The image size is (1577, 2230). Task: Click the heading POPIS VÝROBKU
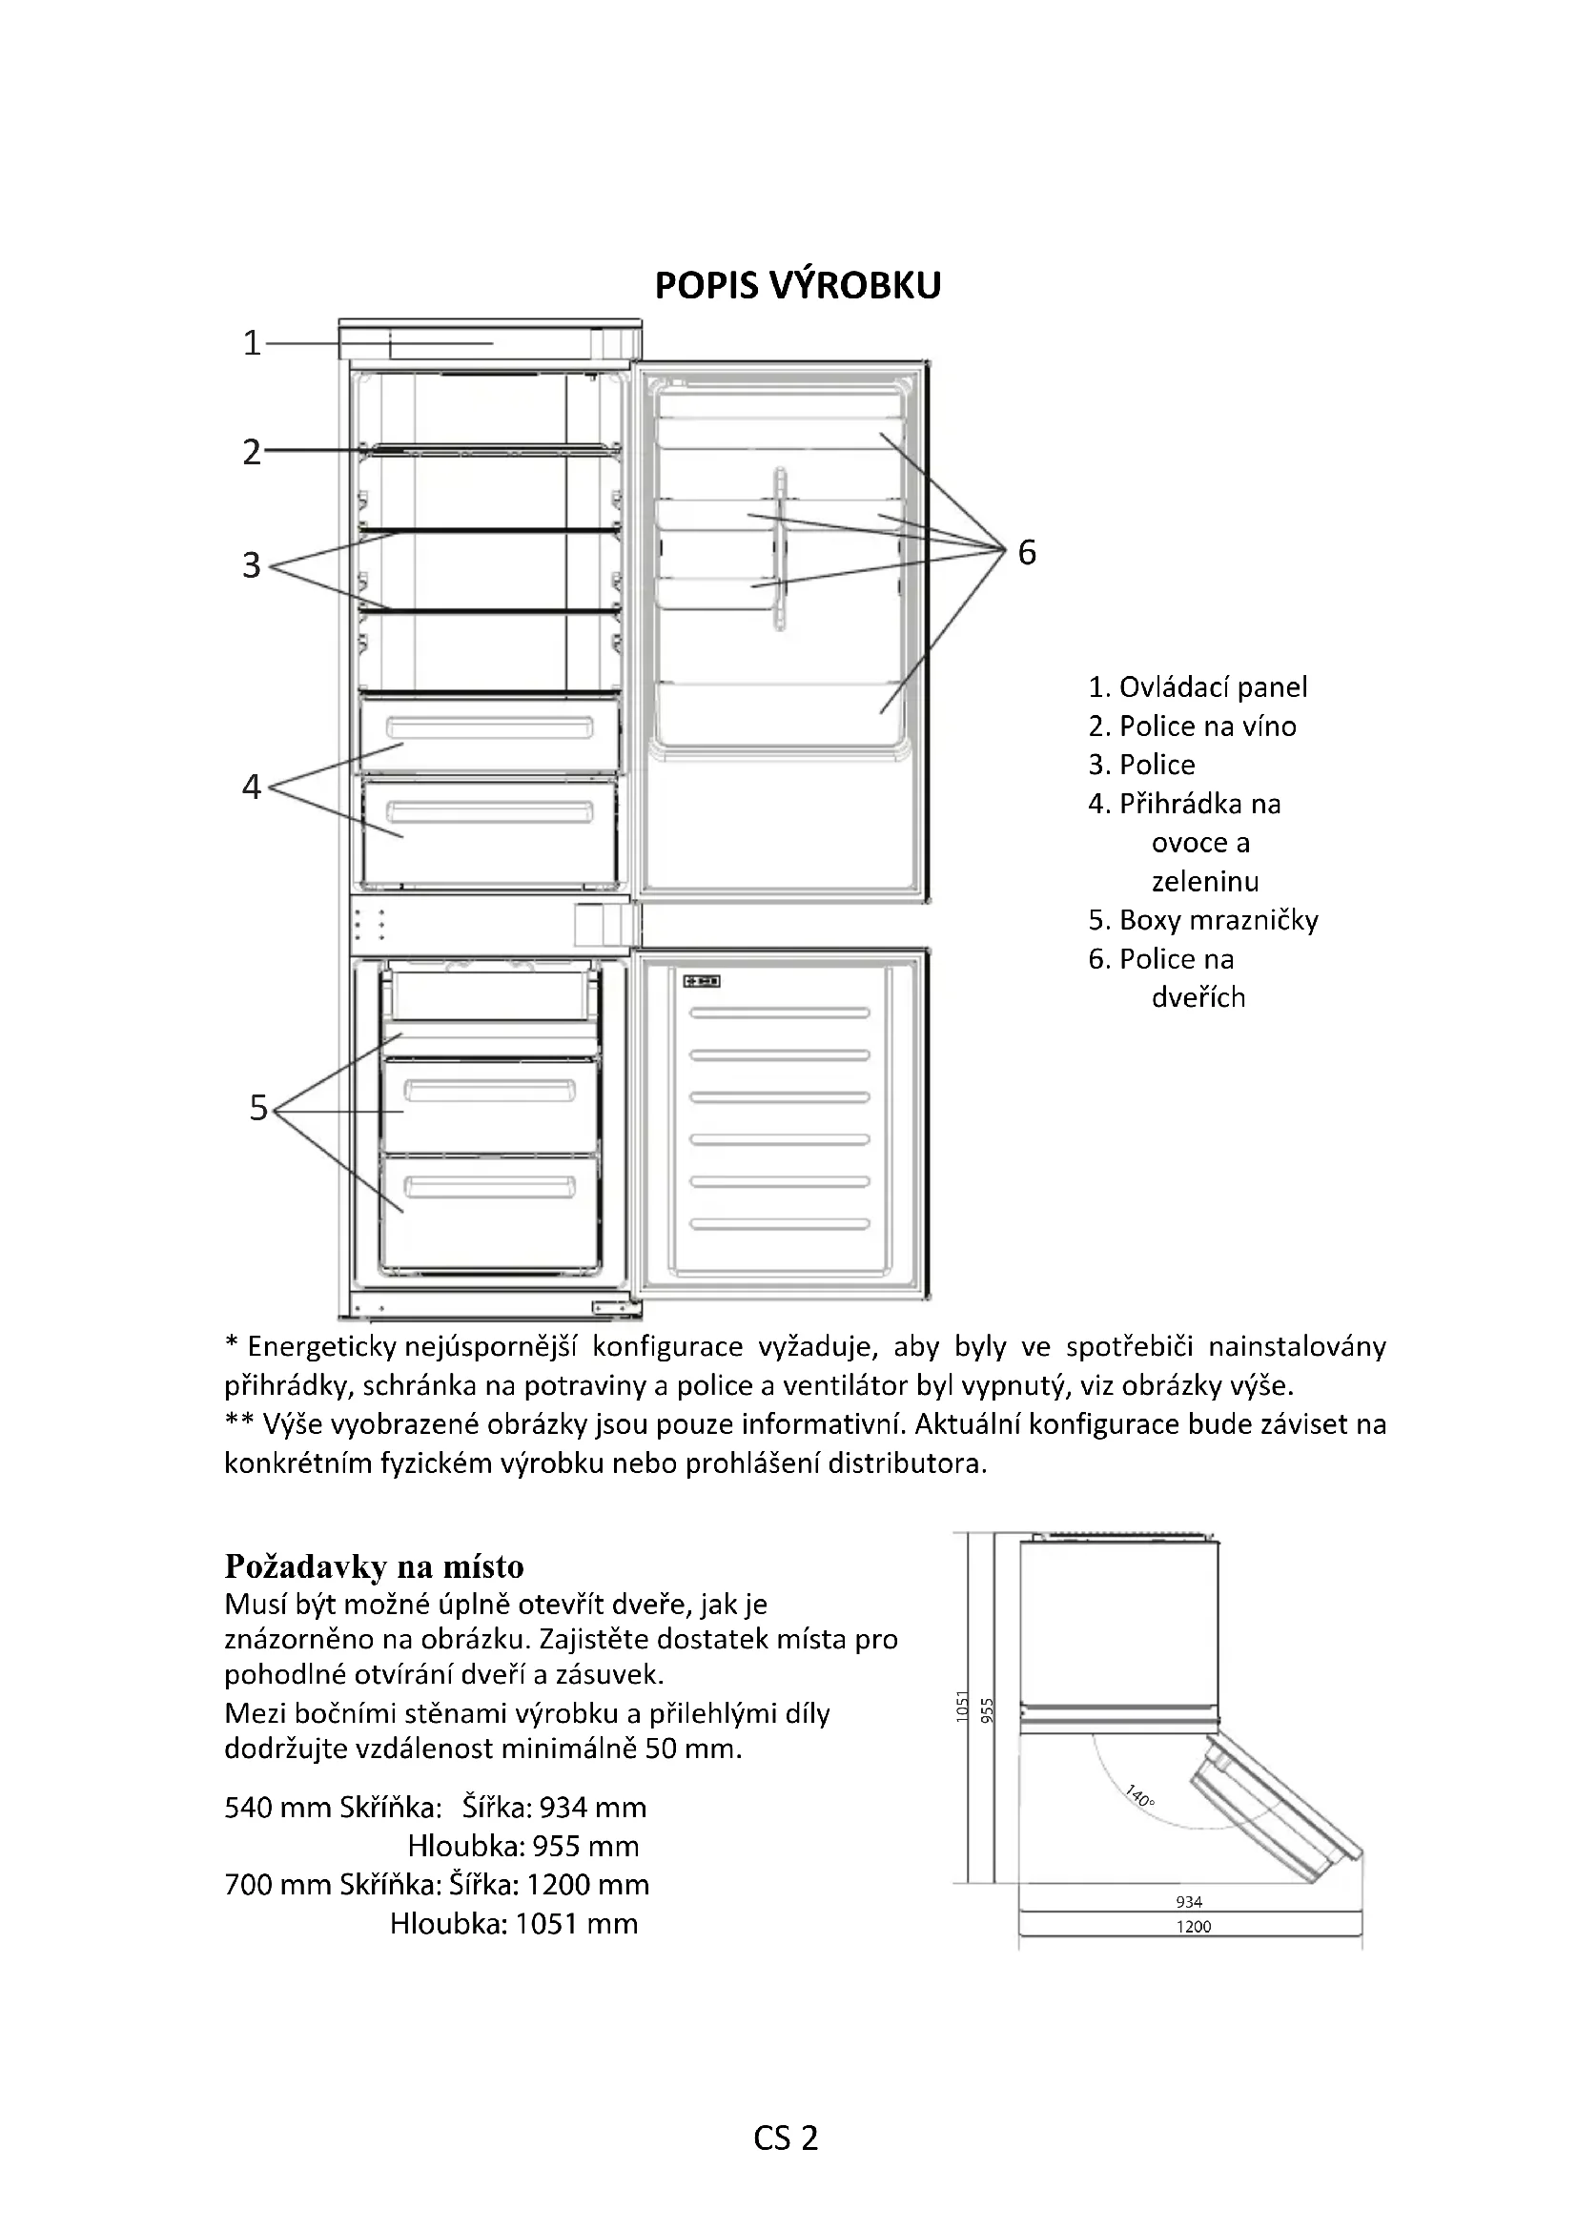pyautogui.click(x=797, y=286)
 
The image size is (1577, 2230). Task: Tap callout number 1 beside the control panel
pyautogui.click(x=252, y=343)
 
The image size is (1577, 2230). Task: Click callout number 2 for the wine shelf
pyautogui.click(x=252, y=452)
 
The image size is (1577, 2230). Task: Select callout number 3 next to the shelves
pyautogui.click(x=252, y=564)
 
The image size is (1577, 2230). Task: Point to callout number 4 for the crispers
pyautogui.click(x=252, y=786)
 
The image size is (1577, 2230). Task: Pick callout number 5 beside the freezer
pyautogui.click(x=257, y=1107)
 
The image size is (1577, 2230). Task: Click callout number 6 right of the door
pyautogui.click(x=1027, y=553)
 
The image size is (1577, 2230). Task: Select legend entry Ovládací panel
pyautogui.click(x=1198, y=687)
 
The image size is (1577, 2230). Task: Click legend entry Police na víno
pyautogui.click(x=1192, y=726)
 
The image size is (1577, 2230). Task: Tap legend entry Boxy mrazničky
pyautogui.click(x=1203, y=920)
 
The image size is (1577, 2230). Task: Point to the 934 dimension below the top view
pyautogui.click(x=1189, y=1902)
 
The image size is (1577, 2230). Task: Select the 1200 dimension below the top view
pyautogui.click(x=1194, y=1926)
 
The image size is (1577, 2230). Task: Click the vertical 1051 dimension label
pyautogui.click(x=962, y=1707)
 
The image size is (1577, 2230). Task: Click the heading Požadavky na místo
pyautogui.click(x=374, y=1566)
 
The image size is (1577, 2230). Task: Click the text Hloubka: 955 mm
pyautogui.click(x=523, y=1847)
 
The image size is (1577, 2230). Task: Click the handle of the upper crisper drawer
pyautogui.click(x=489, y=726)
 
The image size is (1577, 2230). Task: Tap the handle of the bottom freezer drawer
pyautogui.click(x=489, y=1187)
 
